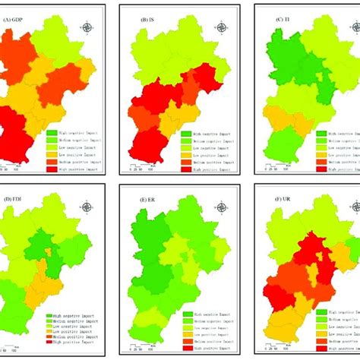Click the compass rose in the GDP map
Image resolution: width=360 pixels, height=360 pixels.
coord(87,28)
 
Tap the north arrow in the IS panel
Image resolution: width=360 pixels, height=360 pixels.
coord(221,27)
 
